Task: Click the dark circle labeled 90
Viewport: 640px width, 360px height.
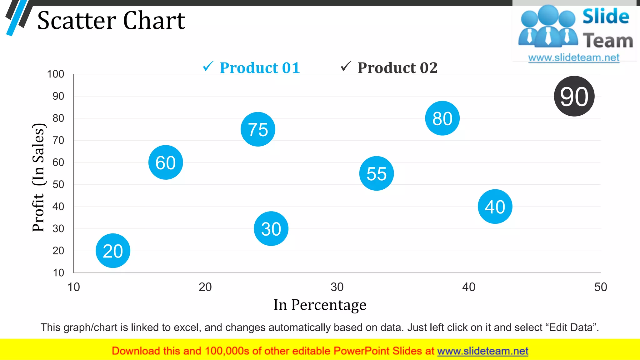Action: pyautogui.click(x=574, y=96)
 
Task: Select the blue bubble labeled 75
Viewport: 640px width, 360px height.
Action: pyautogui.click(x=258, y=129)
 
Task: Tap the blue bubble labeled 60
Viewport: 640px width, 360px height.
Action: pyautogui.click(x=166, y=162)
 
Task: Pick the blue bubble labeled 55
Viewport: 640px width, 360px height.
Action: pyautogui.click(x=377, y=173)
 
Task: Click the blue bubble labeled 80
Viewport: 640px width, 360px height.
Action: pyautogui.click(x=442, y=118)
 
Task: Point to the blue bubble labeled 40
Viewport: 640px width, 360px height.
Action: pyautogui.click(x=495, y=207)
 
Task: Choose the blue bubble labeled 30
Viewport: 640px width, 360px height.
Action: pyautogui.click(x=271, y=229)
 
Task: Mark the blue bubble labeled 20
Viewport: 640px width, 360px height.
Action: pyautogui.click(x=113, y=251)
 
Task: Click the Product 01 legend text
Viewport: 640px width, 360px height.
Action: pyautogui.click(x=260, y=68)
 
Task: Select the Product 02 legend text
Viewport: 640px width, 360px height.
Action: pyautogui.click(x=397, y=68)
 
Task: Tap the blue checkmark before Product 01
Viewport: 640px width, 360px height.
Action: pyautogui.click(x=208, y=66)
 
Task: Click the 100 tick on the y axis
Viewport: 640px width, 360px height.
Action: pyautogui.click(x=56, y=74)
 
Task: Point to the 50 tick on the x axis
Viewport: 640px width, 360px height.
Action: pyautogui.click(x=600, y=287)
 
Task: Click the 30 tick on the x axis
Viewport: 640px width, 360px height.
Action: pyautogui.click(x=337, y=287)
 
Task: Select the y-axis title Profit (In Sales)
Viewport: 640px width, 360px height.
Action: pyautogui.click(x=38, y=177)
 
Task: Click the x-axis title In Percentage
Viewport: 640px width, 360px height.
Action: pyautogui.click(x=320, y=305)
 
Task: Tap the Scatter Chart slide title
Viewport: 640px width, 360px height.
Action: pyautogui.click(x=111, y=21)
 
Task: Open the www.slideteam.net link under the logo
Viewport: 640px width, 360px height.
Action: pyautogui.click(x=574, y=58)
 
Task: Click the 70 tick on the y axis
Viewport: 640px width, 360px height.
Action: pyautogui.click(x=58, y=140)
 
